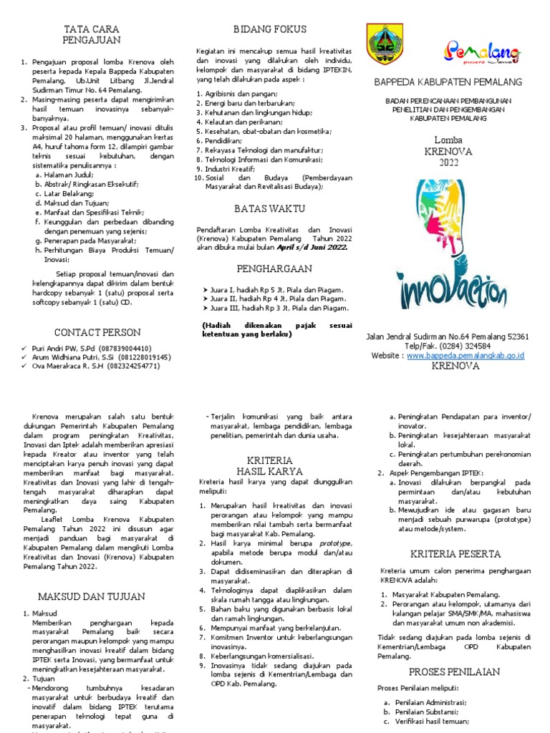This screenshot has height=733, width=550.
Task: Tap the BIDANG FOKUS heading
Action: (270, 29)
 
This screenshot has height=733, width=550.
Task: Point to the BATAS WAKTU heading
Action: (269, 208)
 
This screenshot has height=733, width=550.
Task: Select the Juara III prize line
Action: (276, 309)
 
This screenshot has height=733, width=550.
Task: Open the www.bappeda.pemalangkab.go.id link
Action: (466, 355)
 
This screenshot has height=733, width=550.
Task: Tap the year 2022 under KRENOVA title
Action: (449, 162)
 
